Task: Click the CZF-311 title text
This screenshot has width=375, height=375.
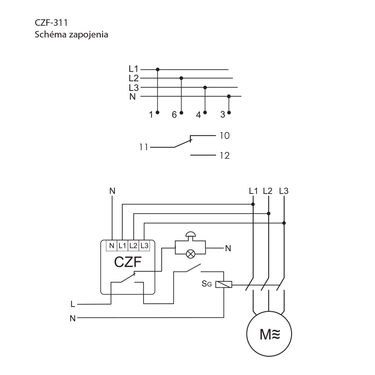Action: pyautogui.click(x=51, y=22)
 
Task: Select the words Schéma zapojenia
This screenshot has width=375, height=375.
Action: pyautogui.click(x=71, y=34)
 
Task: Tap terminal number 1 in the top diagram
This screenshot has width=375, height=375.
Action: pyautogui.click(x=151, y=114)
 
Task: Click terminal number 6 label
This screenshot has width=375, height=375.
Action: pyautogui.click(x=174, y=114)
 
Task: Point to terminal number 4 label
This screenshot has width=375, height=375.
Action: pyautogui.click(x=198, y=115)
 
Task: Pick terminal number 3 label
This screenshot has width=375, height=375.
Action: pyautogui.click(x=223, y=114)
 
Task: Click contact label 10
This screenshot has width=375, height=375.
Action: pyautogui.click(x=225, y=135)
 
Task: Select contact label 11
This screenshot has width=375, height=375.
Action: pyautogui.click(x=143, y=147)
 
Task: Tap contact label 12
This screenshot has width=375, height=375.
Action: pyautogui.click(x=225, y=156)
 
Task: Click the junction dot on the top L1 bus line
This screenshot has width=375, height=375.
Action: pyautogui.click(x=157, y=69)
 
